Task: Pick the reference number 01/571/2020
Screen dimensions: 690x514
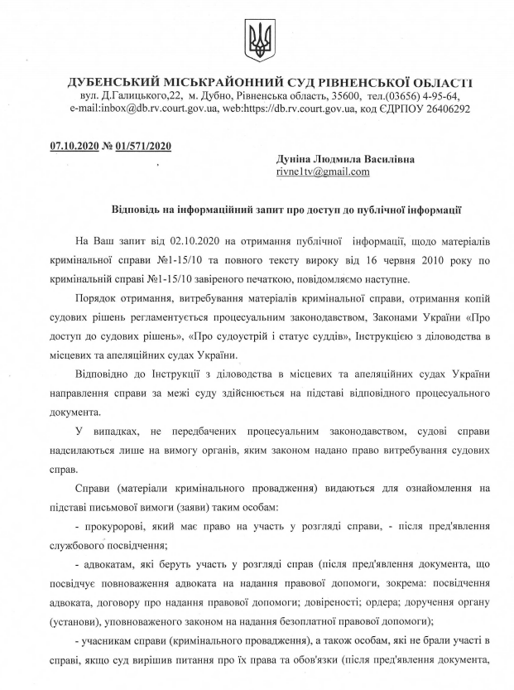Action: [x=142, y=147]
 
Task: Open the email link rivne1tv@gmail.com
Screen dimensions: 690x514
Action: [x=323, y=172]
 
